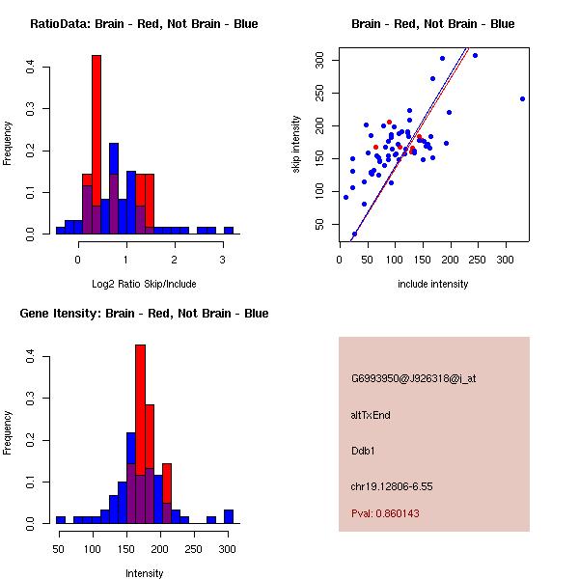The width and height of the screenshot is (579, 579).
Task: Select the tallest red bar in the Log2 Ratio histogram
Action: point(96,145)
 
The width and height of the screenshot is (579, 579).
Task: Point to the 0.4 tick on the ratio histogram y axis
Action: point(44,68)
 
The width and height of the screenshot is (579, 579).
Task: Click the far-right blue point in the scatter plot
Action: point(522,98)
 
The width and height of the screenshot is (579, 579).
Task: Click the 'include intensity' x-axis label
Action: point(432,284)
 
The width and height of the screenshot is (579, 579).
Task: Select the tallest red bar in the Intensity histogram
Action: point(140,434)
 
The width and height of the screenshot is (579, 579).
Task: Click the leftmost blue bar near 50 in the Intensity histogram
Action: point(60,519)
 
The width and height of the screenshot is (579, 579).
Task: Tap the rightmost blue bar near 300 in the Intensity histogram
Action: point(229,516)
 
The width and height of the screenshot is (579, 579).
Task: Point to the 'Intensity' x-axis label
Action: point(145,573)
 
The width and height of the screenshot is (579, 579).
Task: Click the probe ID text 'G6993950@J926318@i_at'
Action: point(413,378)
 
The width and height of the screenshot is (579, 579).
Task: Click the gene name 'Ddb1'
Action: point(362,451)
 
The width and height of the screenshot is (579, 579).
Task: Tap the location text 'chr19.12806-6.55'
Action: point(391,486)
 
